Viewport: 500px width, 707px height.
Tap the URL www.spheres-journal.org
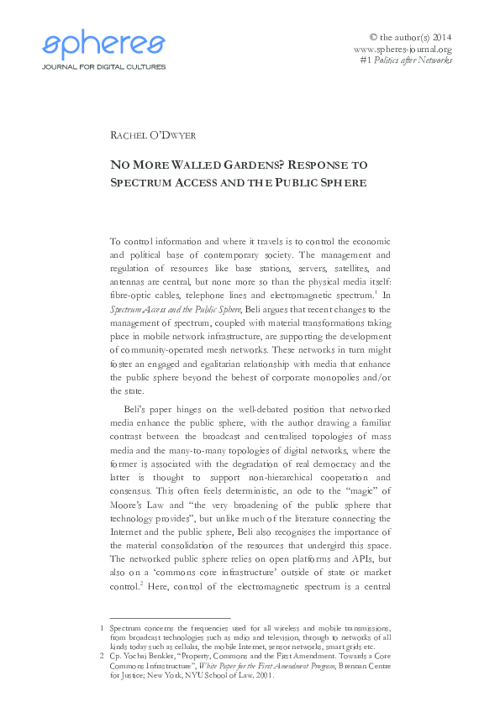point(403,49)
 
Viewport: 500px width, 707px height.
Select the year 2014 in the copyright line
point(439,37)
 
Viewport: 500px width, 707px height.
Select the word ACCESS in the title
point(196,182)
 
